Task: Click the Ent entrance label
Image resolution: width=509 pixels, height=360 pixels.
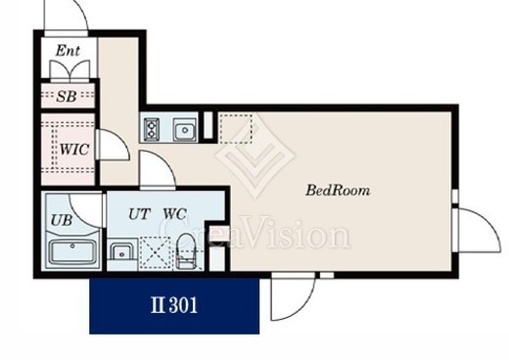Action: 68,51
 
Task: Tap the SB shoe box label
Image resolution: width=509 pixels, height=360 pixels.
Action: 67,96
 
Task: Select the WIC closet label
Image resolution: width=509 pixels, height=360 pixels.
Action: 74,150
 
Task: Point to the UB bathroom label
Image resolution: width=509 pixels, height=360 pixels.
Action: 62,220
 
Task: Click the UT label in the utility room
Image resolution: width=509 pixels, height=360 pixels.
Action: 139,214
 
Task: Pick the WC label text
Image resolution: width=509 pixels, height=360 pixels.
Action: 174,214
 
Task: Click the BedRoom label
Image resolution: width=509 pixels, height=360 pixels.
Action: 338,190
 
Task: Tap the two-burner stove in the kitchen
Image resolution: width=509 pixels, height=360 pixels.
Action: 152,129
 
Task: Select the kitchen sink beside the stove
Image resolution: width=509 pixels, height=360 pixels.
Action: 185,129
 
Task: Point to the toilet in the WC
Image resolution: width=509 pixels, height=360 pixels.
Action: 186,250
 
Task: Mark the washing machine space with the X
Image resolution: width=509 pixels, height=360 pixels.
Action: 156,253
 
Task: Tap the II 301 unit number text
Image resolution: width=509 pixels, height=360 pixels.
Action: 174,305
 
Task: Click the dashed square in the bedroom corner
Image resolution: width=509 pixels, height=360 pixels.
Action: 235,128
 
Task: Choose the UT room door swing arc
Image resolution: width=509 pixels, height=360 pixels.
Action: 163,161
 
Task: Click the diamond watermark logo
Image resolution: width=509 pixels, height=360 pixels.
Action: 255,156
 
